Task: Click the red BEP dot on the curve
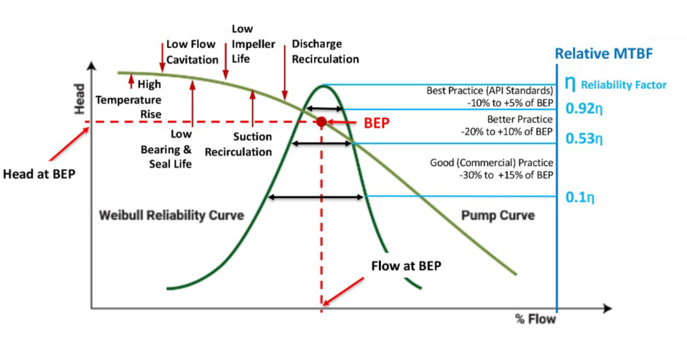(x=321, y=122)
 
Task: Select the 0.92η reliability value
(x=584, y=107)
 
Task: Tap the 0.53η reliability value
(x=584, y=139)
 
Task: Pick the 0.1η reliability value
(x=580, y=196)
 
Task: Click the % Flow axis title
(x=536, y=319)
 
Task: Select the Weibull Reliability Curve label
(x=171, y=215)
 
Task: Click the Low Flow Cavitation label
(x=192, y=52)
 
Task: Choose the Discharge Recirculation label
(x=325, y=51)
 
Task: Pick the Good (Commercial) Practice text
(x=491, y=168)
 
